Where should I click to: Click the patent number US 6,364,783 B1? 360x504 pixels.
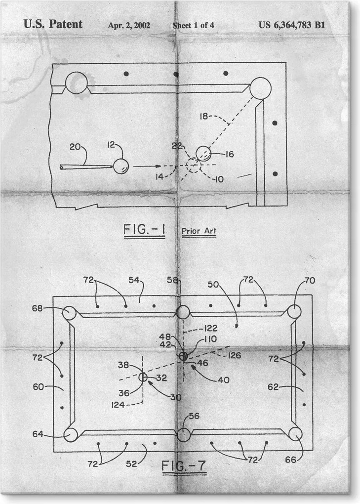291,25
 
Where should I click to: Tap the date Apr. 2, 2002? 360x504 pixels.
129,25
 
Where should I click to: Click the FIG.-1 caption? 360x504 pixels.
144,231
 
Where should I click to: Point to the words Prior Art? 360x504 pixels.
199,231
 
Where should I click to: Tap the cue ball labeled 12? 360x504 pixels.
120,166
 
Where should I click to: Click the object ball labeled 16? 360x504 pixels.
203,154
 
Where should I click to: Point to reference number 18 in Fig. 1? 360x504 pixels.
204,117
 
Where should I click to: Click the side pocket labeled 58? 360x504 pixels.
183,312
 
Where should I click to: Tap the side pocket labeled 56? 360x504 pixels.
183,435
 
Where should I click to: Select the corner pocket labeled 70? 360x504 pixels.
294,312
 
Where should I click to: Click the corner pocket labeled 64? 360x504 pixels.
71,435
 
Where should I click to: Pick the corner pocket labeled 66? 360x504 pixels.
295,434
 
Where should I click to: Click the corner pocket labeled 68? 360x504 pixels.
70,313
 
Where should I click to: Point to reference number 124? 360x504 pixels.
118,404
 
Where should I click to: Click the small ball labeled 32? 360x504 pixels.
143,378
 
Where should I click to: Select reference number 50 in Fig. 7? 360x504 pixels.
213,286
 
